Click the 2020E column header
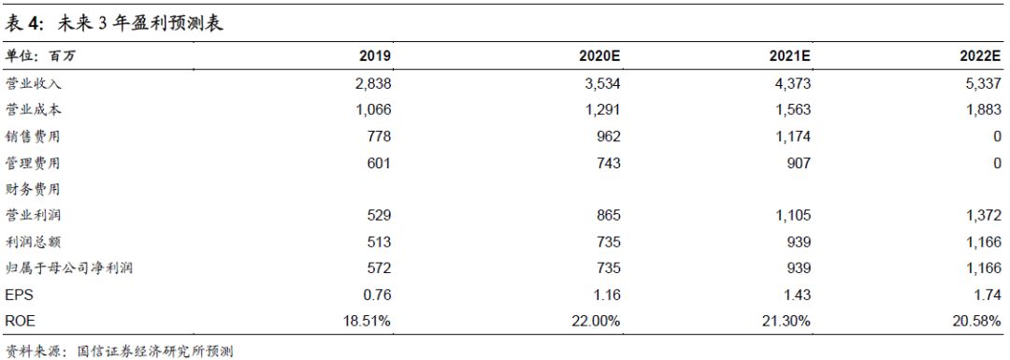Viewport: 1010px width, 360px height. tap(599, 56)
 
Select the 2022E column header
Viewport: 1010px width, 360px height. tap(980, 56)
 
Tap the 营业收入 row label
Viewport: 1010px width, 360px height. tap(33, 83)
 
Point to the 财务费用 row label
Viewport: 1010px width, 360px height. tap(33, 189)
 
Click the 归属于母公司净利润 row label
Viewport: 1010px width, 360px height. tap(69, 268)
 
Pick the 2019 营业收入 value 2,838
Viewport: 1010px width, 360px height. tap(373, 83)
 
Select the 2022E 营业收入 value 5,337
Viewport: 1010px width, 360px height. tap(984, 83)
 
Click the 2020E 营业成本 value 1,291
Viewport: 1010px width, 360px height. tap(602, 109)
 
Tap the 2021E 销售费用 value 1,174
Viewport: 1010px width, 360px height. tap(793, 137)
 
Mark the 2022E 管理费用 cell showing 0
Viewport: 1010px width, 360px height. tap(998, 163)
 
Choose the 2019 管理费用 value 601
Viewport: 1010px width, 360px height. tap(379, 163)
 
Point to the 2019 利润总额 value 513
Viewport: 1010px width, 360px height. tap(379, 242)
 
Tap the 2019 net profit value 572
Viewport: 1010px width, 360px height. tap(379, 268)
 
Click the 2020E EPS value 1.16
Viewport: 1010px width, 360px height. tap(608, 295)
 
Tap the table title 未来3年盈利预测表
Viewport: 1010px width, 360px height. tap(140, 23)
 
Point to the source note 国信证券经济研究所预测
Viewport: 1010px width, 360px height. tap(154, 351)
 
